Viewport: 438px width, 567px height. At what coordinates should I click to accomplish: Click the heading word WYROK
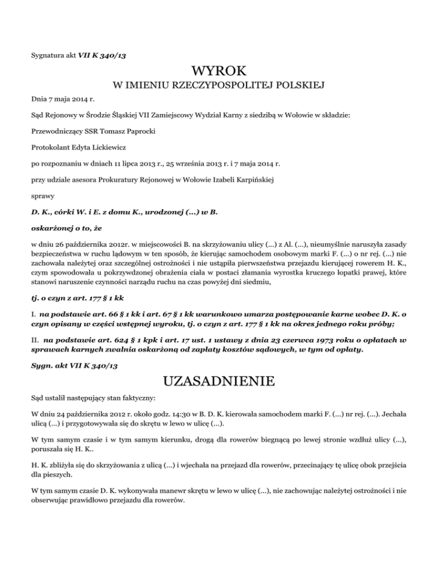coord(219,72)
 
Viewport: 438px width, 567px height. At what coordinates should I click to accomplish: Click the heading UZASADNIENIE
coord(219,379)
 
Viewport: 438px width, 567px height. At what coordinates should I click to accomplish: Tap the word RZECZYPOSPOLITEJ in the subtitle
coord(220,87)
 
